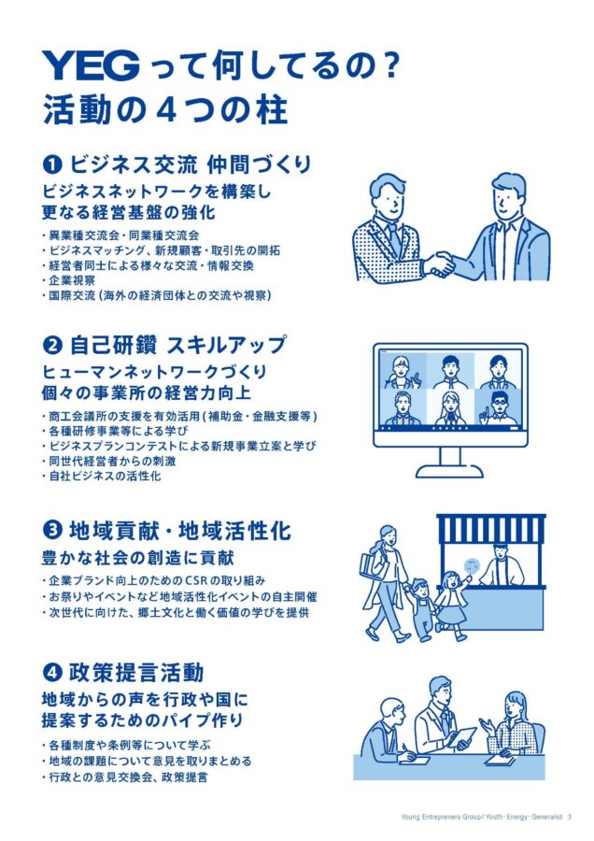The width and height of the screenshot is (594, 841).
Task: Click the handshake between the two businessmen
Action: coord(439,264)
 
